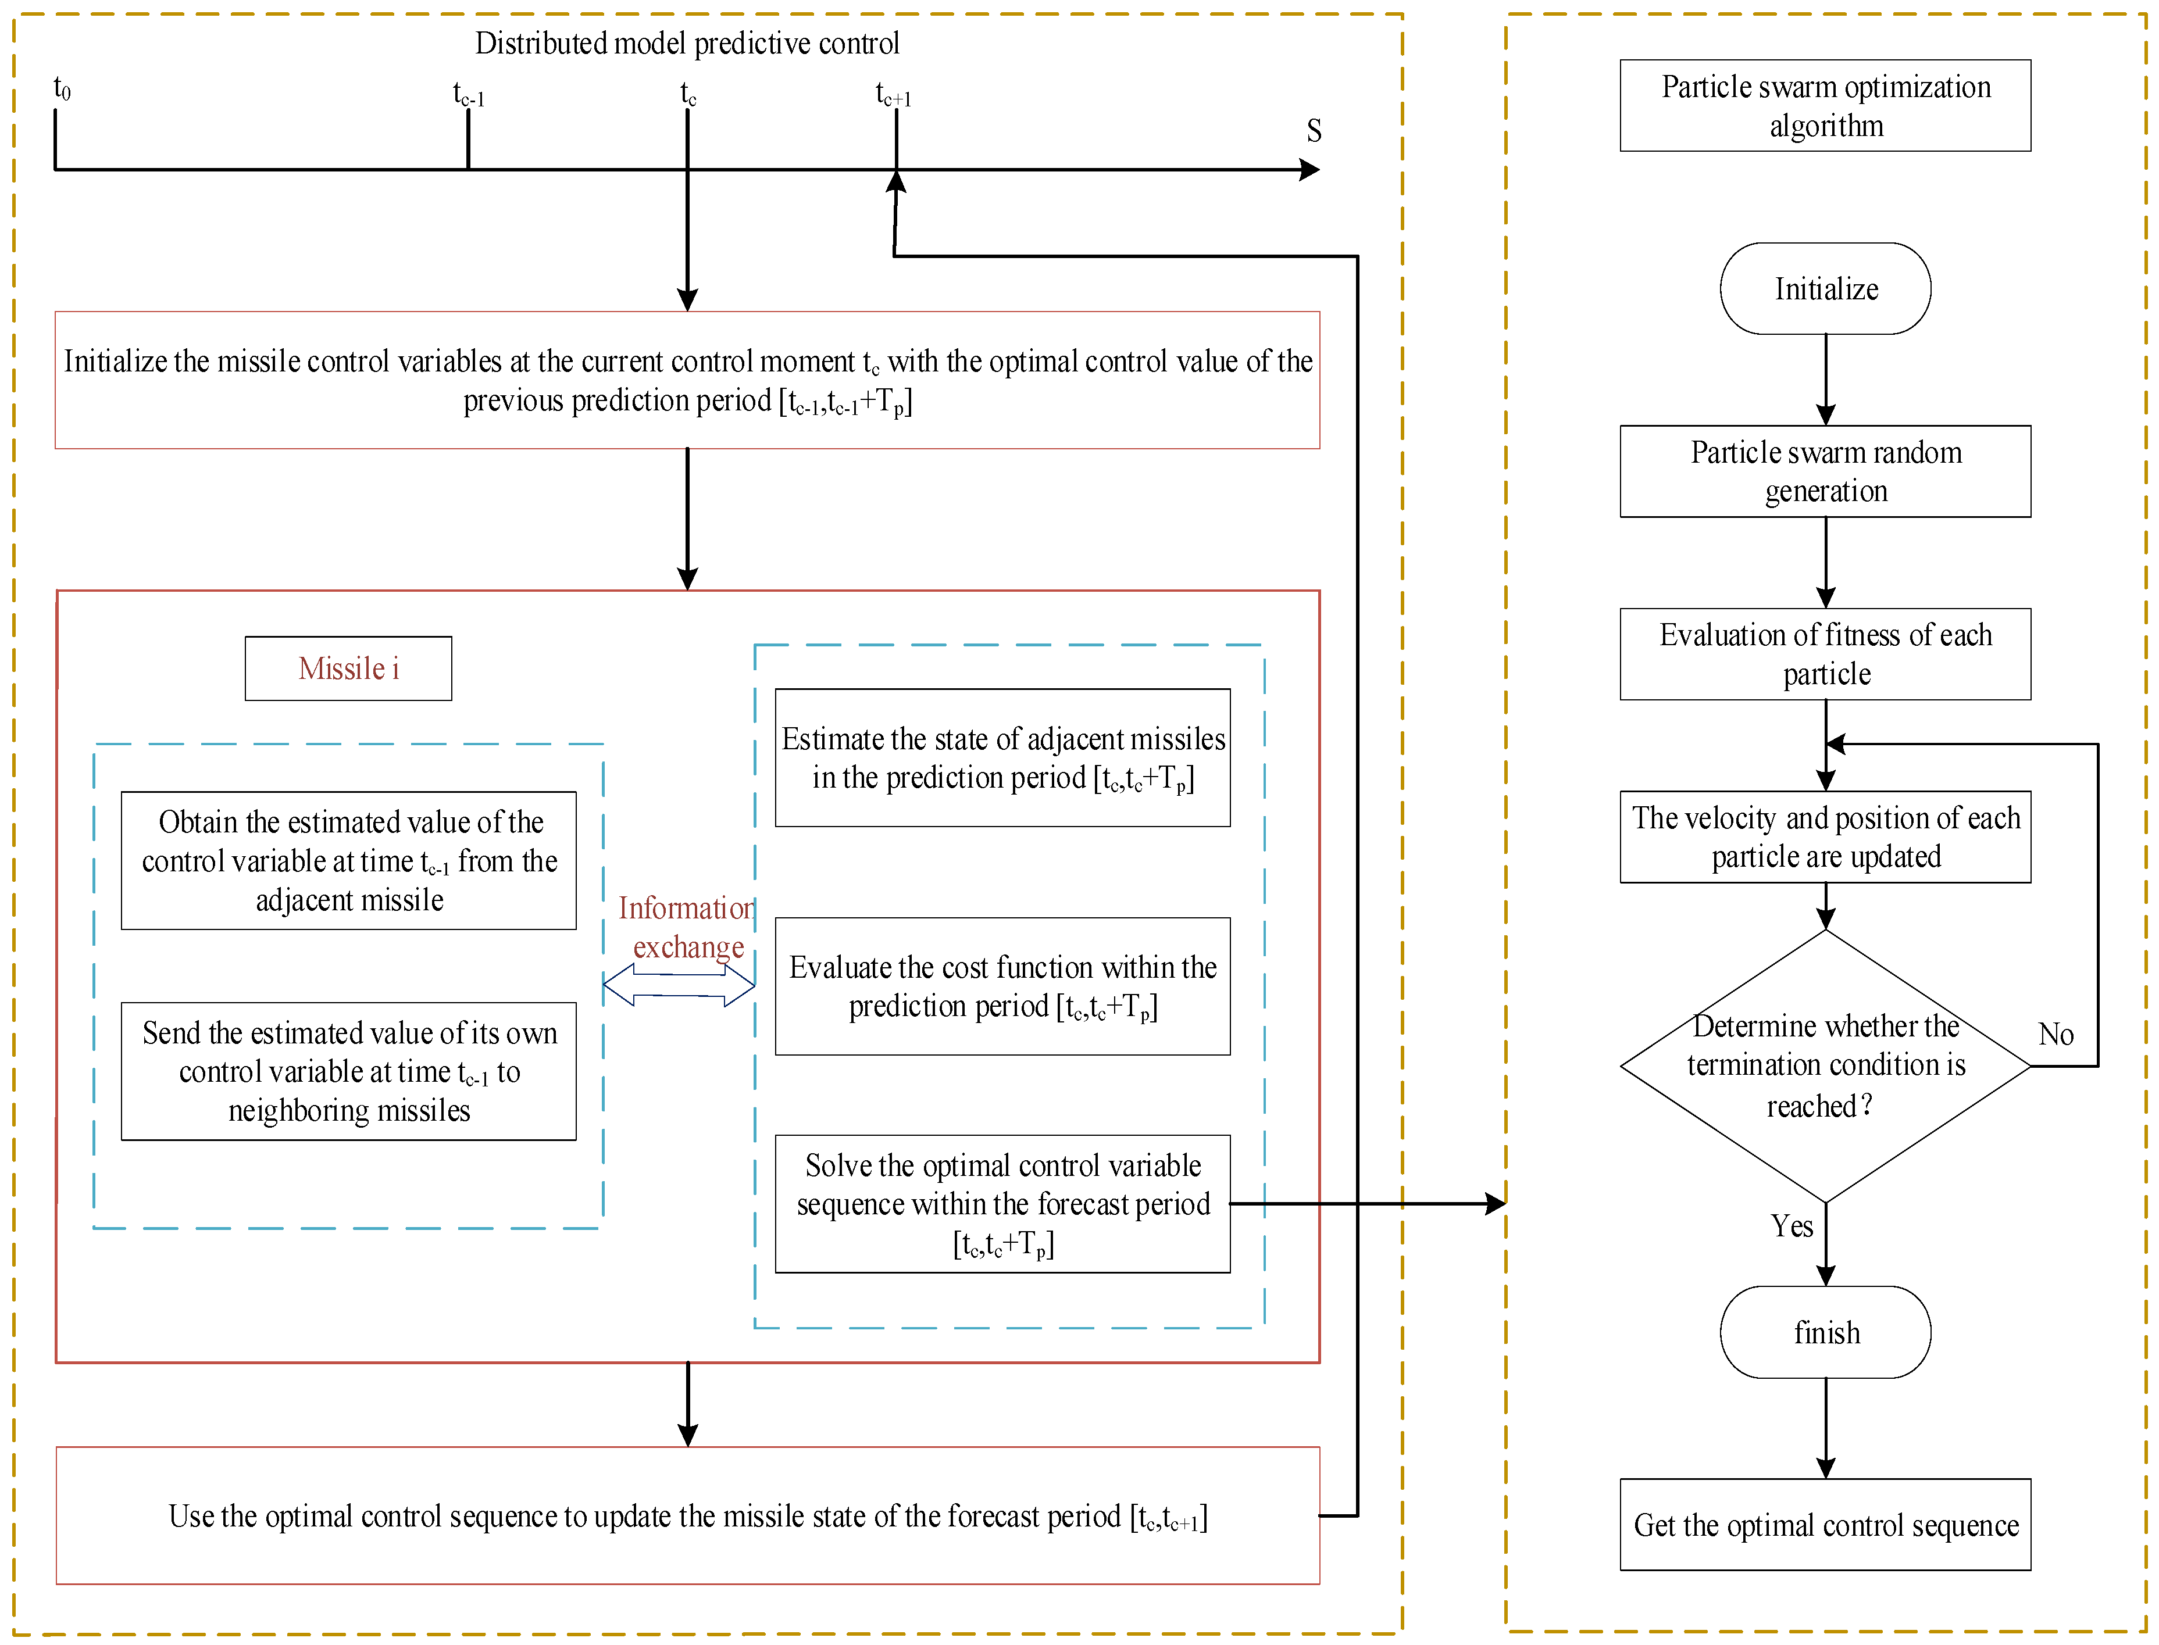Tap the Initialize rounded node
pyautogui.click(x=1825, y=289)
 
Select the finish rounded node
pyautogui.click(x=1825, y=1333)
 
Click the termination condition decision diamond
pyautogui.click(x=1825, y=1065)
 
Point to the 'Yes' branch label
pyautogui.click(x=1791, y=1226)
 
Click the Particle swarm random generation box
pyautogui.click(x=1825, y=471)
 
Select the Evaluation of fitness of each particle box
pyautogui.click(x=1825, y=654)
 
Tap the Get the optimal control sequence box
pyautogui.click(x=1825, y=1525)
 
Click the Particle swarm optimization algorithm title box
pyautogui.click(x=1825, y=106)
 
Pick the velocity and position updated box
pyautogui.click(x=1825, y=837)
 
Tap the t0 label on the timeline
pyautogui.click(x=62, y=89)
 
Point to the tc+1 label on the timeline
pyautogui.click(x=893, y=95)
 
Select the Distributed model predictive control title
pyautogui.click(x=687, y=43)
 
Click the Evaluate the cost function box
pyautogui.click(x=1002, y=986)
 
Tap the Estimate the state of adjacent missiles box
pyautogui.click(x=1002, y=758)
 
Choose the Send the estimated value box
pyautogui.click(x=349, y=1071)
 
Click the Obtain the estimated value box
pyautogui.click(x=349, y=861)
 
